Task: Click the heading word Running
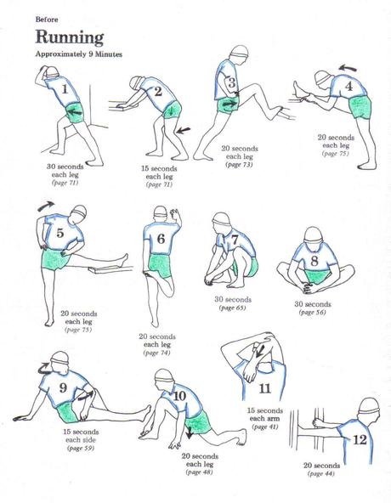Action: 70,37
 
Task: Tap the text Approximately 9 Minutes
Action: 77,54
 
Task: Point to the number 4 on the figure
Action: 348,86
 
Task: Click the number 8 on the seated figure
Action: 314,262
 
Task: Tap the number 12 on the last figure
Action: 360,439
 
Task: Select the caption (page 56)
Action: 314,313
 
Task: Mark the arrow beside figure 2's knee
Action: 186,129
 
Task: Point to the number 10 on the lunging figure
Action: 178,396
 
